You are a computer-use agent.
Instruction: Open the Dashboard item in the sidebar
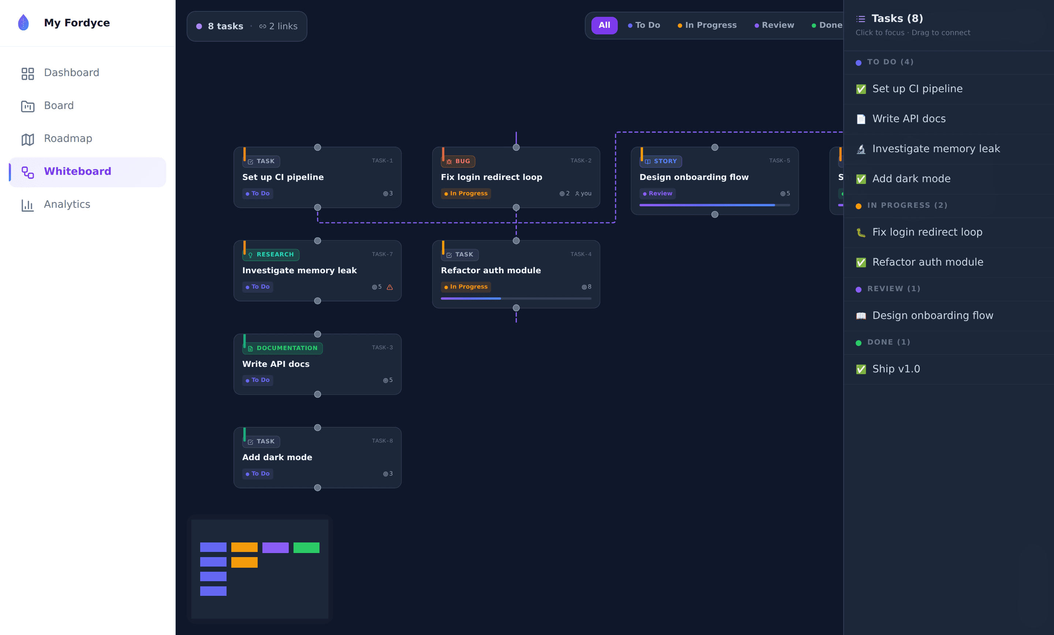click(x=60, y=73)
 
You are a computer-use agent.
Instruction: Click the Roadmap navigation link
click(x=56, y=139)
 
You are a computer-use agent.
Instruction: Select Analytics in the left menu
click(x=56, y=204)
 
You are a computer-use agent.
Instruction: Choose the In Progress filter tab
click(x=707, y=25)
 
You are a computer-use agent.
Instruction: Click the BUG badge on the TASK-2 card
click(x=458, y=161)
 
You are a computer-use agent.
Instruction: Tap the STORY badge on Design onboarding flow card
click(x=661, y=161)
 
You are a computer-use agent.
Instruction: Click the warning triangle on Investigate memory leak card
click(x=390, y=287)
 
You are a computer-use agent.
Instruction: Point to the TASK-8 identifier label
click(x=382, y=441)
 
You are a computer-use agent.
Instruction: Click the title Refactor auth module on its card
click(x=491, y=270)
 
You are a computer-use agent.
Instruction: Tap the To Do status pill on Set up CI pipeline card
click(x=258, y=193)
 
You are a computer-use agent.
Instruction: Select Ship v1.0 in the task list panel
click(x=896, y=369)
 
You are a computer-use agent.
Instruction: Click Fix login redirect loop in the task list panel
click(x=927, y=232)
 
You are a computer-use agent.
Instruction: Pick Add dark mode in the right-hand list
click(x=911, y=179)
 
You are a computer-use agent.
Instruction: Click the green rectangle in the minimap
click(x=306, y=548)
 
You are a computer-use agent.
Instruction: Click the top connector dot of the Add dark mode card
click(x=317, y=428)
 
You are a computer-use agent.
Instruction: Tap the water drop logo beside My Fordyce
click(x=23, y=22)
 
